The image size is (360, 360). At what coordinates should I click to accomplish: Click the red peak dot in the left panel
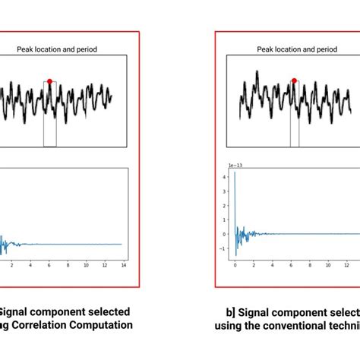[x=50, y=81]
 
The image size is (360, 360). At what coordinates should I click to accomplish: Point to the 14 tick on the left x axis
[x=124, y=267]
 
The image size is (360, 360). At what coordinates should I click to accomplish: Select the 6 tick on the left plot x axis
[x=49, y=267]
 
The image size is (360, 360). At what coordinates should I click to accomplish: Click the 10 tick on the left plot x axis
[x=87, y=267]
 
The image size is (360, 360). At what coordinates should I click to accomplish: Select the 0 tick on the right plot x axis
[x=235, y=267]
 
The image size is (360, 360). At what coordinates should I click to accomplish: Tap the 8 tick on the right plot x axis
[x=309, y=267]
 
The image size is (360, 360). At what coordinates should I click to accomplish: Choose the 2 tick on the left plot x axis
[x=11, y=267]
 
